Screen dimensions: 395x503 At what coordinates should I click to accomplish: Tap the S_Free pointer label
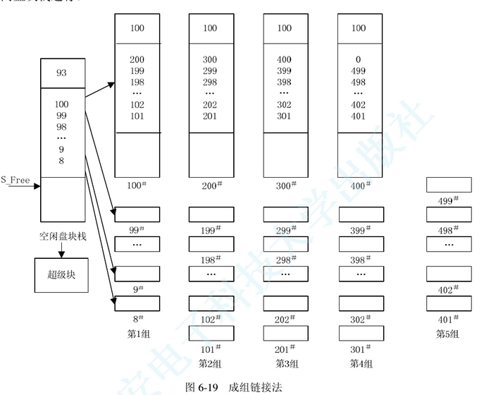click(15, 180)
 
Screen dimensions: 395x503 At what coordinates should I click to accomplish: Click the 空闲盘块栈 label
click(63, 236)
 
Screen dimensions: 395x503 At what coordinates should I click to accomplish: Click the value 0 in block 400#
click(359, 60)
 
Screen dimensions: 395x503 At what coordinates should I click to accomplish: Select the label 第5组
click(447, 334)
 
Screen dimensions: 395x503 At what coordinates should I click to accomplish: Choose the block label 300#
click(285, 186)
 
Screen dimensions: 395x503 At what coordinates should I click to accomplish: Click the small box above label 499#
click(448, 185)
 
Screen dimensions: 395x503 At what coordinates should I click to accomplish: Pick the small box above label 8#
click(137, 303)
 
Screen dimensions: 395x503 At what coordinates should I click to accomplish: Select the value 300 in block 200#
click(210, 60)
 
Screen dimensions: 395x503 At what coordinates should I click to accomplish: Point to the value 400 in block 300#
click(284, 60)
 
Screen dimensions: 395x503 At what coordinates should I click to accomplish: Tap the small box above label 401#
click(448, 303)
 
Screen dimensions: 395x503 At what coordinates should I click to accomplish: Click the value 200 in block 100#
click(137, 60)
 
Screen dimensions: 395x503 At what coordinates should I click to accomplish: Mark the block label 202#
click(285, 319)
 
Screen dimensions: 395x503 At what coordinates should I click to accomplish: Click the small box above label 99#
click(137, 214)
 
